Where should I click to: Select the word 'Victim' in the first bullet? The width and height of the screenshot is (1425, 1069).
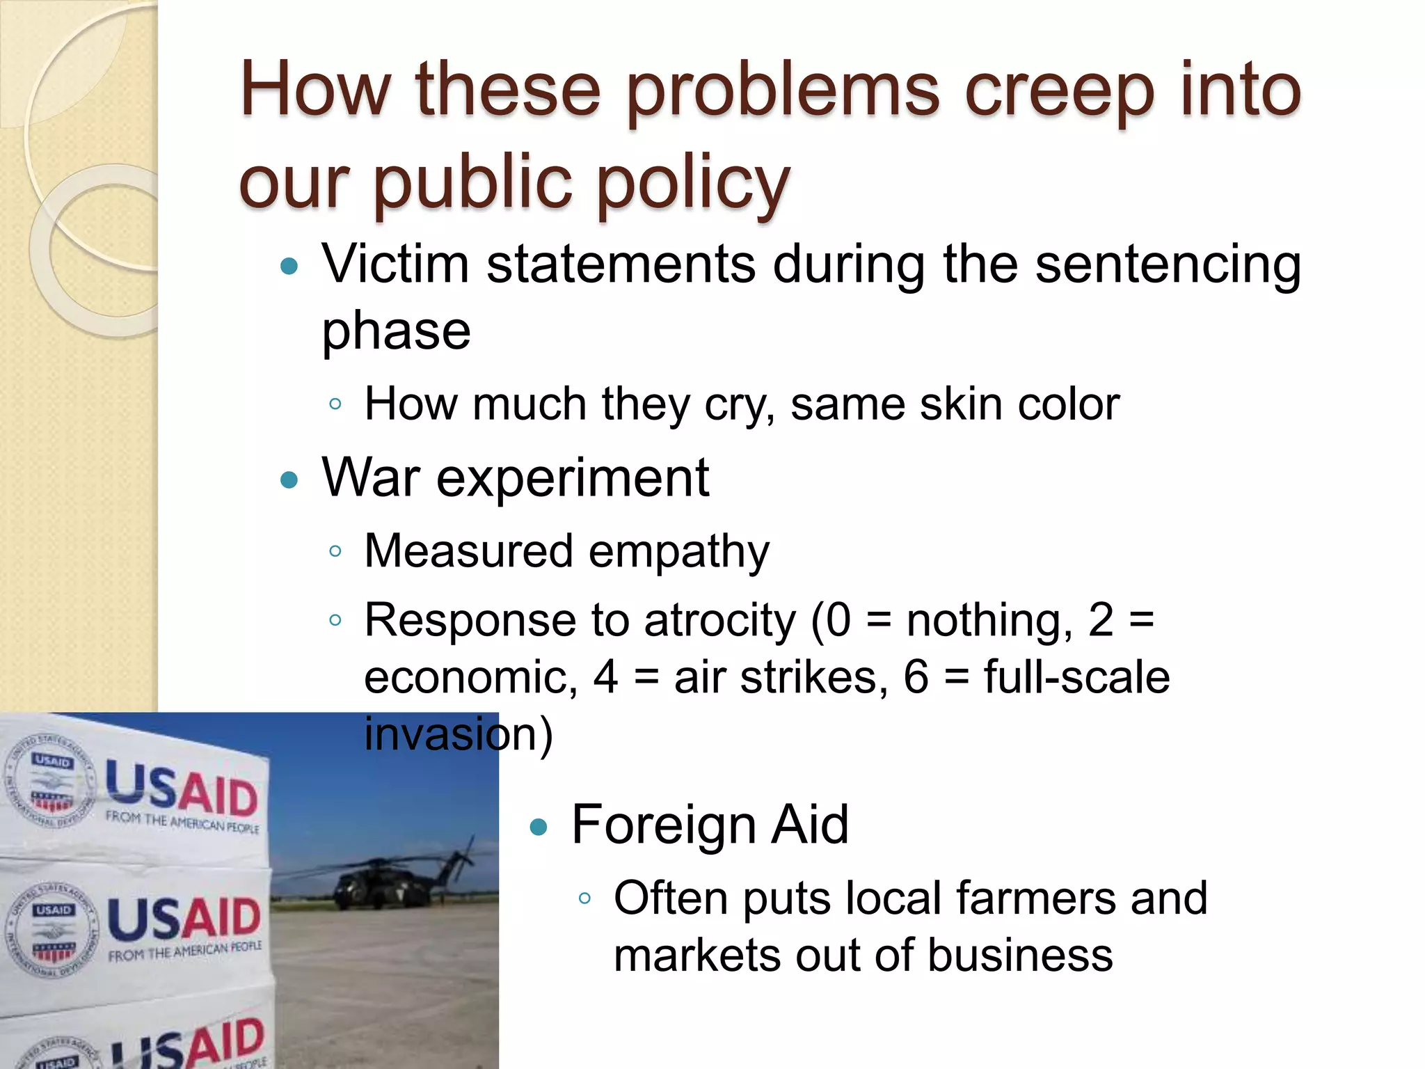click(395, 264)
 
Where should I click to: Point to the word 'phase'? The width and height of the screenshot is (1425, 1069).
click(396, 331)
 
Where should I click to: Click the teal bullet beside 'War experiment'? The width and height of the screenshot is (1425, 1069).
click(289, 480)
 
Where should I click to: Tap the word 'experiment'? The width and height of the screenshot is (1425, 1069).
click(572, 479)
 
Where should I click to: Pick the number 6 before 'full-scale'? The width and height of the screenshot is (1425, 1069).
click(916, 676)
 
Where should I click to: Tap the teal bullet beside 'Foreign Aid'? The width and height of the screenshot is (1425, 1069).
click(539, 826)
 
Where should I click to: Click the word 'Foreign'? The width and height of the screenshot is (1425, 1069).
click(663, 825)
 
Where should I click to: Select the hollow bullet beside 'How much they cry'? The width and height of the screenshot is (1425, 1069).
click(335, 404)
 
